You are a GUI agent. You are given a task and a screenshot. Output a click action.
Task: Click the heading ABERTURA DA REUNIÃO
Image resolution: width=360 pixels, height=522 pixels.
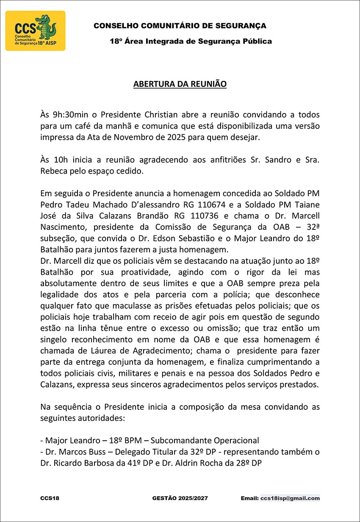180,84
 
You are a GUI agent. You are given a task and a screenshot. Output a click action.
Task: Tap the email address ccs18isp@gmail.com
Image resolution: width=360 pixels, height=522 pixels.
290,498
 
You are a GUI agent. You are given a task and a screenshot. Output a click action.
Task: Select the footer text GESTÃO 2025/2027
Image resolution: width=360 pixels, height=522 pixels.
180,498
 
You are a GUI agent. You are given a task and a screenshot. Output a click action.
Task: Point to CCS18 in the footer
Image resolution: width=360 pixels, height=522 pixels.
50,498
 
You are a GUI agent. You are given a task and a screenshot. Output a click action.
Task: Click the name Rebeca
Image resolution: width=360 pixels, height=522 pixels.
53,171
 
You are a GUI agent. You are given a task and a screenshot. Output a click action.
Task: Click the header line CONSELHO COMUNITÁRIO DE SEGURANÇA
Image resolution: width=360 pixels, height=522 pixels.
180,26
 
